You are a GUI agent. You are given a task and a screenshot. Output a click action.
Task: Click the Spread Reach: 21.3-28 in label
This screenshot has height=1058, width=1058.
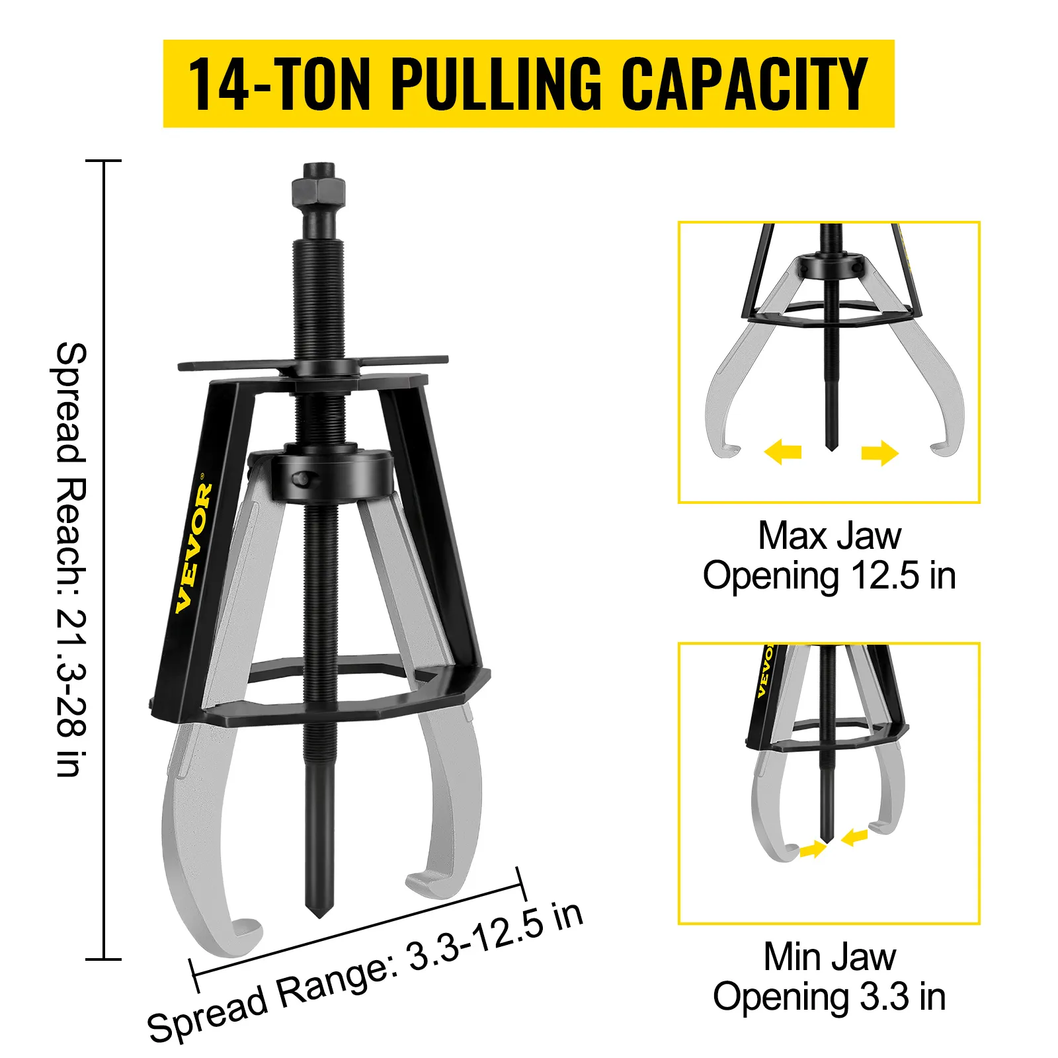point(70,559)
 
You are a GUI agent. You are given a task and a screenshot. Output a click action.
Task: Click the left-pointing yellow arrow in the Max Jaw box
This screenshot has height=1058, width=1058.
point(783,452)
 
